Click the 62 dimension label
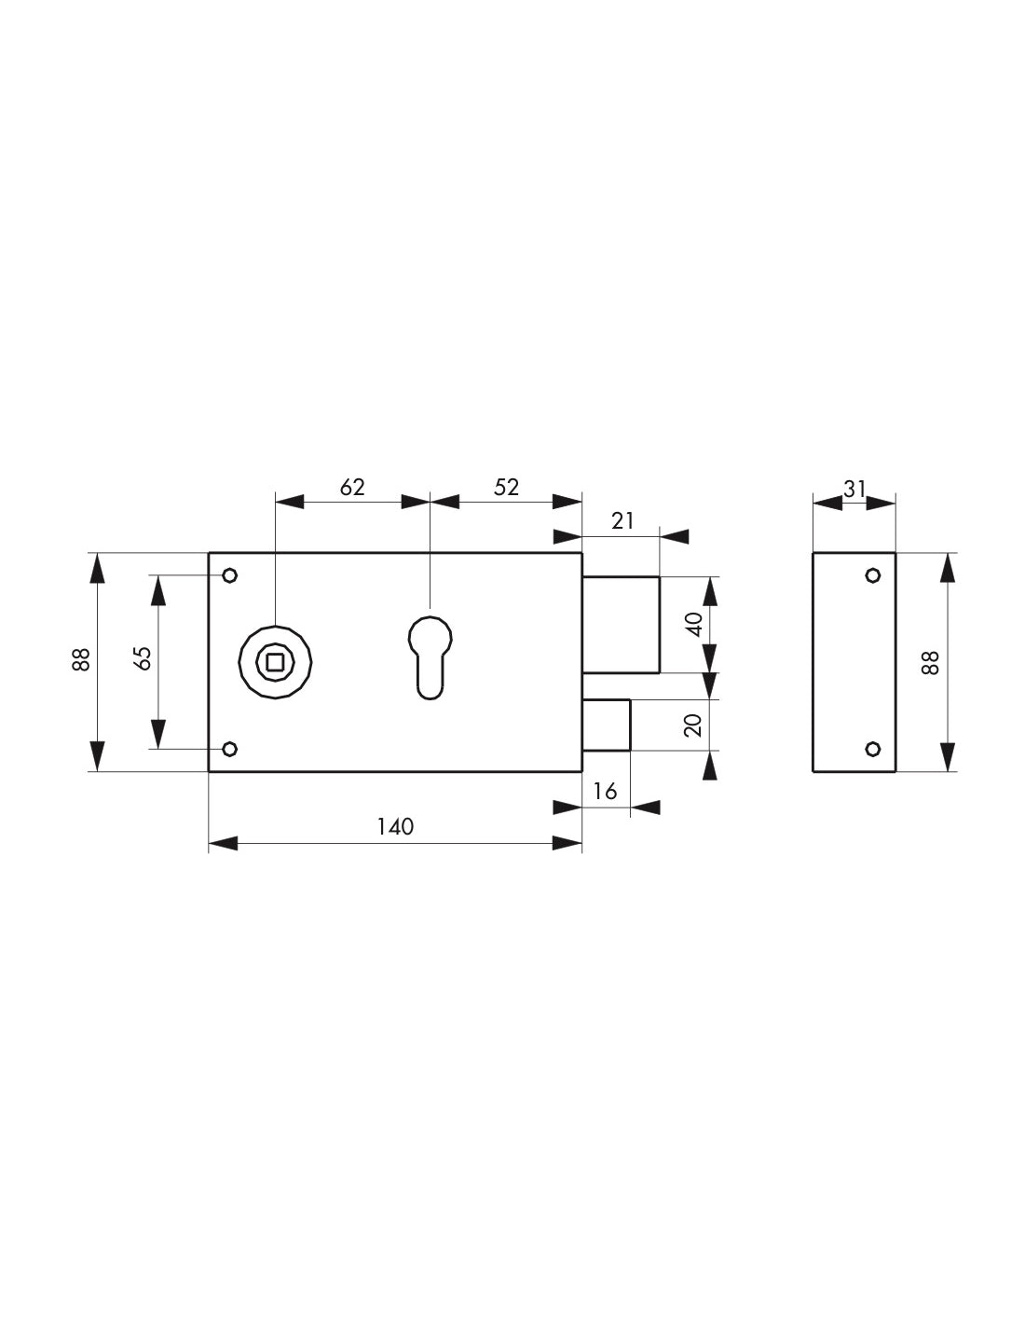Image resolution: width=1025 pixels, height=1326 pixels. click(x=352, y=487)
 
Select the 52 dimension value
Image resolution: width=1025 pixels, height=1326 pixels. click(x=506, y=487)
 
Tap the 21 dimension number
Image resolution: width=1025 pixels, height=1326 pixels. click(x=622, y=520)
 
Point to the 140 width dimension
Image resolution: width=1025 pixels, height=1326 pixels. click(x=395, y=826)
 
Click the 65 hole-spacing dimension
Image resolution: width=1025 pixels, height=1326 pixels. click(x=143, y=659)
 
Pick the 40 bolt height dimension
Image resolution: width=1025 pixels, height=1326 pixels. click(x=694, y=624)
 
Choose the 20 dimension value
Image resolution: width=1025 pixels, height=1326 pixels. click(x=694, y=725)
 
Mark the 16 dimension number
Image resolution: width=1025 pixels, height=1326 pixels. click(x=606, y=792)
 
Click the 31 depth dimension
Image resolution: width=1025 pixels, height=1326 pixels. click(x=854, y=488)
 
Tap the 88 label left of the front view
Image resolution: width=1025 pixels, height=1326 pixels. click(x=81, y=659)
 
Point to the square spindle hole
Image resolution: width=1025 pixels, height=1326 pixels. click(x=275, y=662)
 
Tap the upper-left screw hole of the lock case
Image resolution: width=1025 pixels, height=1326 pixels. click(x=230, y=575)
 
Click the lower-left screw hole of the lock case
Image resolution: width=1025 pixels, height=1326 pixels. click(x=230, y=749)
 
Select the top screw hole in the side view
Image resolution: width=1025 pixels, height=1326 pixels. click(x=873, y=575)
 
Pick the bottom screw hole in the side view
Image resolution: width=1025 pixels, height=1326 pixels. click(x=873, y=749)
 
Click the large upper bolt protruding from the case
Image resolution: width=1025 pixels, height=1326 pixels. click(x=622, y=624)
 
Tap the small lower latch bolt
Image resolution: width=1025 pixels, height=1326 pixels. click(x=607, y=724)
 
